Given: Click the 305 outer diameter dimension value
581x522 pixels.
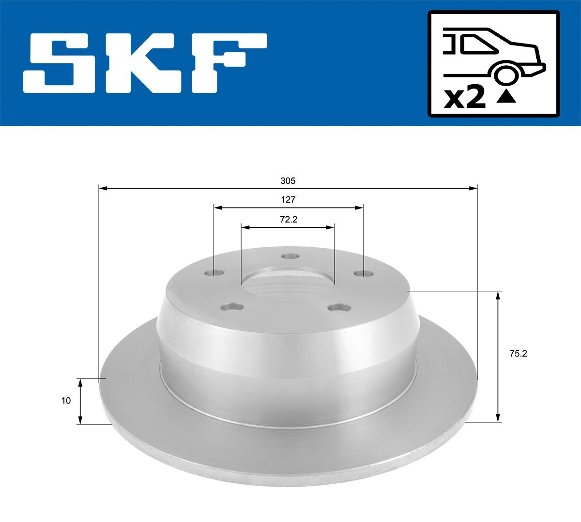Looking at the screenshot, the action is (288, 181).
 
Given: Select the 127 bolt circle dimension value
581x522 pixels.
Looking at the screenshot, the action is (288, 200).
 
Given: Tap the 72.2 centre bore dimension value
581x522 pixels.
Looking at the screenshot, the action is (289, 220).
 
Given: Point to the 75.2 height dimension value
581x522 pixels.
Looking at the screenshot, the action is (518, 354).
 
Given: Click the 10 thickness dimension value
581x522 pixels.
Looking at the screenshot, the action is (66, 401).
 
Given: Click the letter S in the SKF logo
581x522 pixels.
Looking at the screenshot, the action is (60, 63).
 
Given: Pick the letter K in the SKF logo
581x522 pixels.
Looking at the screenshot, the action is (146, 63).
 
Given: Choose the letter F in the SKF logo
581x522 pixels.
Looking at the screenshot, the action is (232, 63).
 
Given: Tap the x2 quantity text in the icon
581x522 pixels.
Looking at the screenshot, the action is (464, 99).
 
